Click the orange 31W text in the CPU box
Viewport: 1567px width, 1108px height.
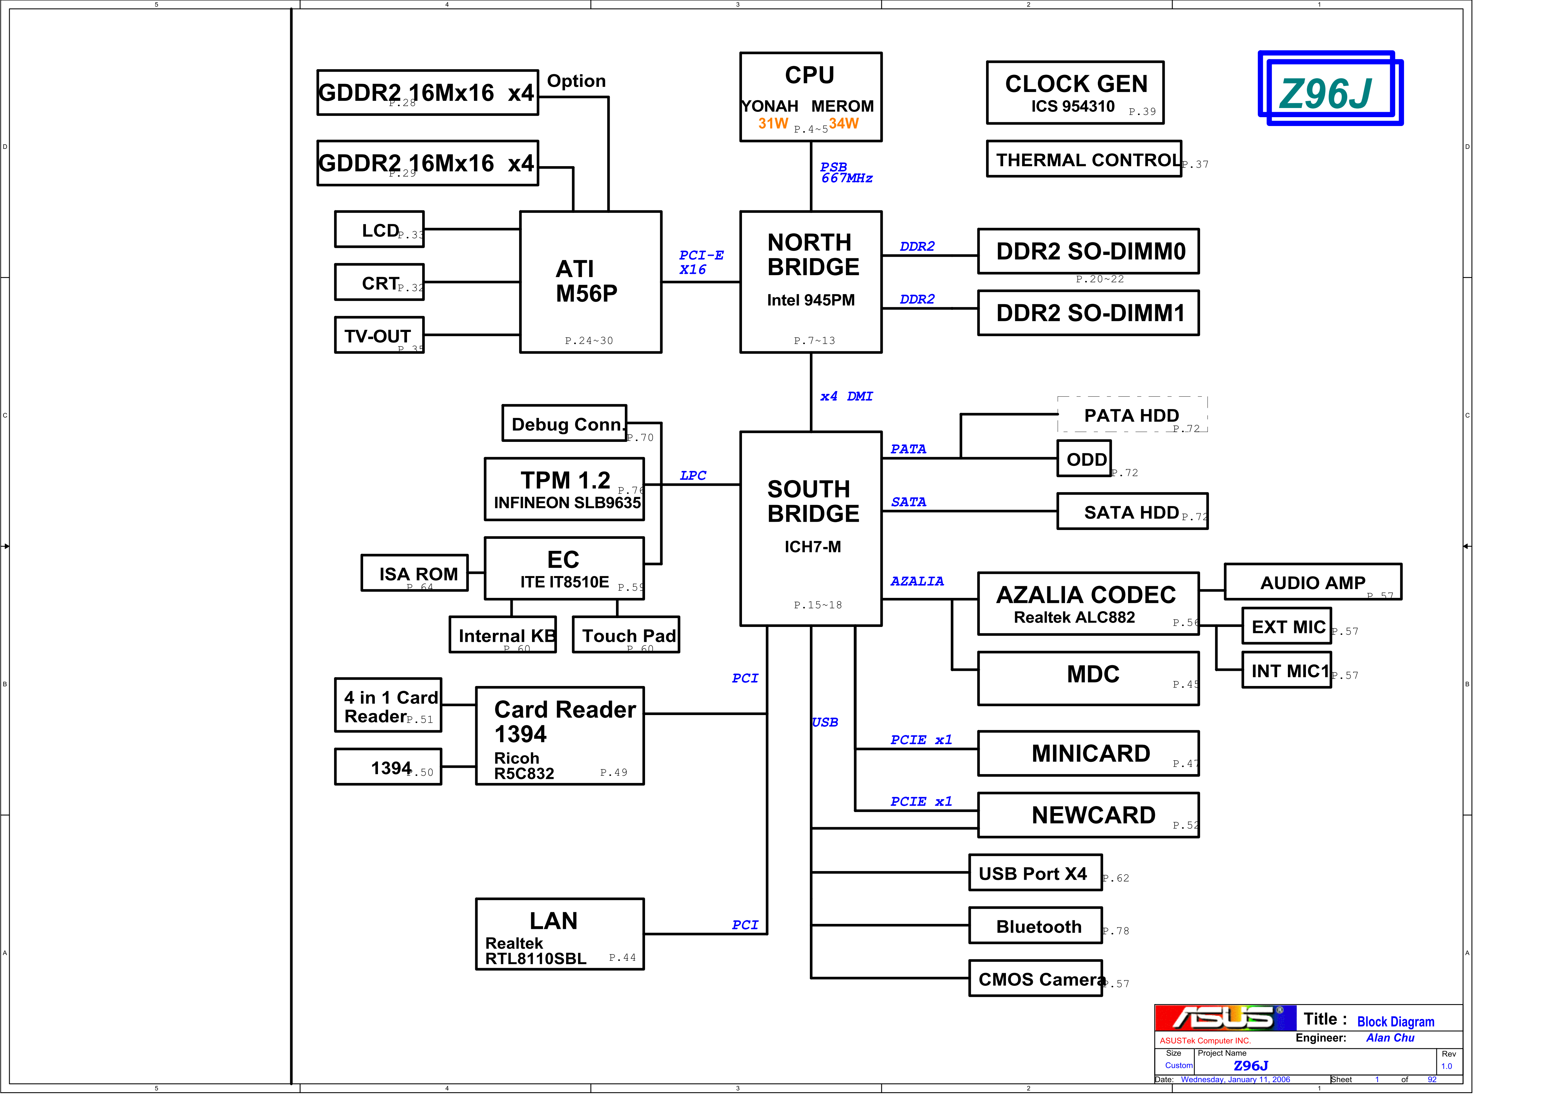click(x=773, y=123)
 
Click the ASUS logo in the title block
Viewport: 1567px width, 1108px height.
click(x=1224, y=1018)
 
